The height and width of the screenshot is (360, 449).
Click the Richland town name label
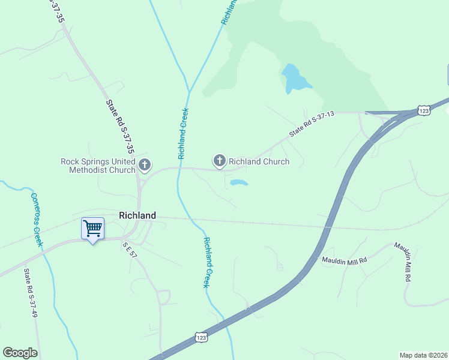coord(137,215)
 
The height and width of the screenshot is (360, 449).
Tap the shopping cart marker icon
coord(92,228)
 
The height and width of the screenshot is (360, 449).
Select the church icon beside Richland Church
coord(220,161)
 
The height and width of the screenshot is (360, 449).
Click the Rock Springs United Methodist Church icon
coord(144,164)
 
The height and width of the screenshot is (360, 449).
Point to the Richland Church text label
coord(259,161)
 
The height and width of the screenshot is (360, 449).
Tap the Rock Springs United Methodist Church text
coord(98,166)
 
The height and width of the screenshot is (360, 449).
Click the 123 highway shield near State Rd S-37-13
coord(424,110)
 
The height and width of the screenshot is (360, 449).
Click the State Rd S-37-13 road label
coord(311,124)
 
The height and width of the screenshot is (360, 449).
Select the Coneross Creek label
coord(36,219)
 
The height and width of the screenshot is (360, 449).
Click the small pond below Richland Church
coord(238,182)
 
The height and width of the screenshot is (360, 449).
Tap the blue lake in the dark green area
coord(295,78)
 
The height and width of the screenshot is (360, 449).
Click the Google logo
coord(20,353)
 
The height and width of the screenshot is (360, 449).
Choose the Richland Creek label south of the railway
coord(206,262)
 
